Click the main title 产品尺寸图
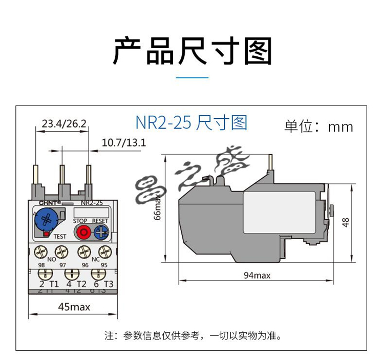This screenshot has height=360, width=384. click(192, 50)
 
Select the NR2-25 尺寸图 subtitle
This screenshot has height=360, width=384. click(191, 123)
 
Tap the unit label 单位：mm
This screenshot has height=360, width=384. click(318, 126)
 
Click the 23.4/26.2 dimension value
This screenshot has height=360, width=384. click(63, 123)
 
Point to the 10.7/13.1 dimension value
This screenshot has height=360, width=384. click(124, 142)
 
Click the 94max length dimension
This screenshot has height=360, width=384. click(257, 276)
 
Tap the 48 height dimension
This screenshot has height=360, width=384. click(346, 222)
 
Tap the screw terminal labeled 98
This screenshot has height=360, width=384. click(41, 252)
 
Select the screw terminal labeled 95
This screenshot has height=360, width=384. click(104, 252)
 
